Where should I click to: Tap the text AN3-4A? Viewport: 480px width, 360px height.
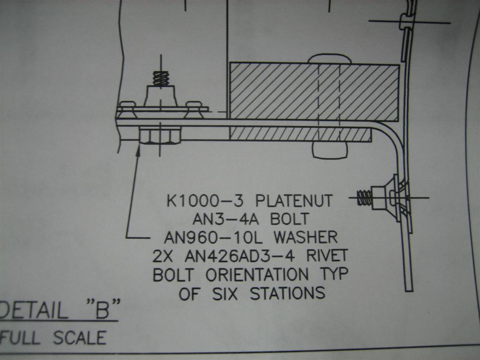tap(220, 218)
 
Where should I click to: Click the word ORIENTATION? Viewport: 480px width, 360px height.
tap(257, 274)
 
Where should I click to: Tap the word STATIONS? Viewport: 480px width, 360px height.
tap(287, 293)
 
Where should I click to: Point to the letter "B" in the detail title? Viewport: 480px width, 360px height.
tap(102, 311)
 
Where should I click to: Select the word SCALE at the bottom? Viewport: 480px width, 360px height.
tap(80, 337)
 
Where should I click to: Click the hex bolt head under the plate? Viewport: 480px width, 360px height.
tap(160, 136)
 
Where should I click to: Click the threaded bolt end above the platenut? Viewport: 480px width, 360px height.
tap(161, 78)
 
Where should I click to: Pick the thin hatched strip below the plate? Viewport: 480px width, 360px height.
tap(300, 135)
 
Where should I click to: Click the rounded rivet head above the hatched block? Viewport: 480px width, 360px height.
tap(329, 59)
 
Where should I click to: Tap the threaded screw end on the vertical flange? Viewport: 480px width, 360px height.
tap(364, 197)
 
